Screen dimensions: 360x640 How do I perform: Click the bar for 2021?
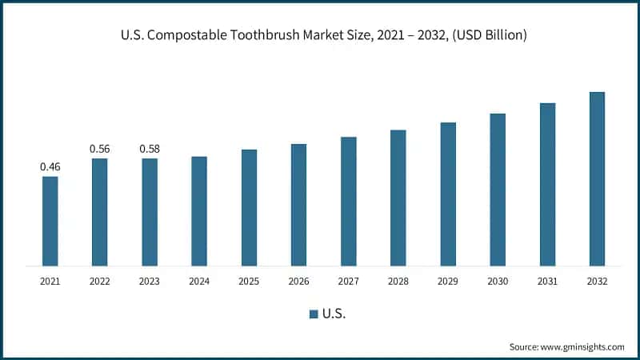(50, 221)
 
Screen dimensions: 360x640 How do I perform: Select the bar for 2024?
(199, 211)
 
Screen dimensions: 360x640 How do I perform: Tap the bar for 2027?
(348, 201)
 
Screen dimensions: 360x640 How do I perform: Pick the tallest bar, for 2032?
(597, 178)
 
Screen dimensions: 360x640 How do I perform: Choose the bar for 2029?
(448, 194)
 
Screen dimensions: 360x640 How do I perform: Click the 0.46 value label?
(50, 166)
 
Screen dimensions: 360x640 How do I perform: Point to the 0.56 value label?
(99, 149)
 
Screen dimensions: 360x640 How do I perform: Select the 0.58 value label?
(150, 149)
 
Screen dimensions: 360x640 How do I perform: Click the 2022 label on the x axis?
(99, 281)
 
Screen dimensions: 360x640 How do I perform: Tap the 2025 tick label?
(249, 281)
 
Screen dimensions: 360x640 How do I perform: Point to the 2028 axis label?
(398, 281)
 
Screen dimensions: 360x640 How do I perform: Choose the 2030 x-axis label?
(498, 281)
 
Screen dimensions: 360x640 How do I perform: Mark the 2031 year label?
(547, 281)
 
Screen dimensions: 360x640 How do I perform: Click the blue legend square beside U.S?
(314, 314)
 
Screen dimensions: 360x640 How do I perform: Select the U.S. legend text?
(334, 314)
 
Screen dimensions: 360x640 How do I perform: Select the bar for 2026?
(298, 205)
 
